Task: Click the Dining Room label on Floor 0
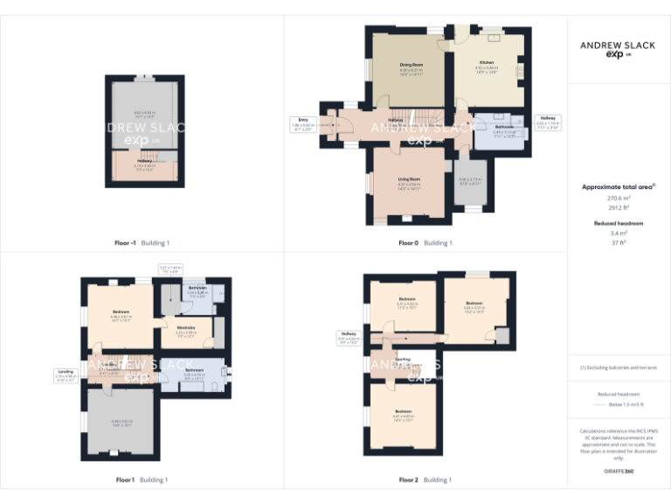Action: [411, 65]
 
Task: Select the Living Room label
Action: [409, 181]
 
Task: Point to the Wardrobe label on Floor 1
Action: [185, 330]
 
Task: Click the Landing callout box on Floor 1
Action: [65, 375]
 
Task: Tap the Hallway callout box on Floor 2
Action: [349, 336]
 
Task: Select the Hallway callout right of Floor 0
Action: [547, 122]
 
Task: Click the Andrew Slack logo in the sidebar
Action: [619, 47]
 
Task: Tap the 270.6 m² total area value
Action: [619, 199]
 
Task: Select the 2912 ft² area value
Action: [619, 208]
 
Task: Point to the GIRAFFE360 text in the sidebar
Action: [619, 472]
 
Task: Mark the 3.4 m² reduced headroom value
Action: [619, 234]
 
